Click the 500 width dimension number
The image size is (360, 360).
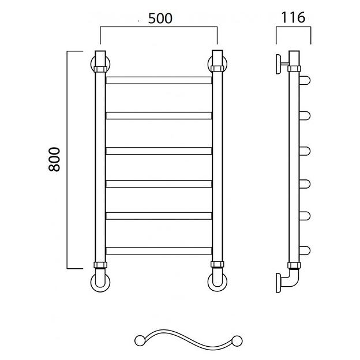(x=160, y=18)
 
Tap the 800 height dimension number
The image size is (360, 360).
(x=54, y=159)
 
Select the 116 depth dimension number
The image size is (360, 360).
(x=293, y=17)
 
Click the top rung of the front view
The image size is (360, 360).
(x=159, y=80)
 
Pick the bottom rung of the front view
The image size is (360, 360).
(x=159, y=251)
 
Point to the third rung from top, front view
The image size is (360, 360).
(x=159, y=151)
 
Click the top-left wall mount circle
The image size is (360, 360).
(x=92, y=64)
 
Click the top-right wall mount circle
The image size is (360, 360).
(x=209, y=64)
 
